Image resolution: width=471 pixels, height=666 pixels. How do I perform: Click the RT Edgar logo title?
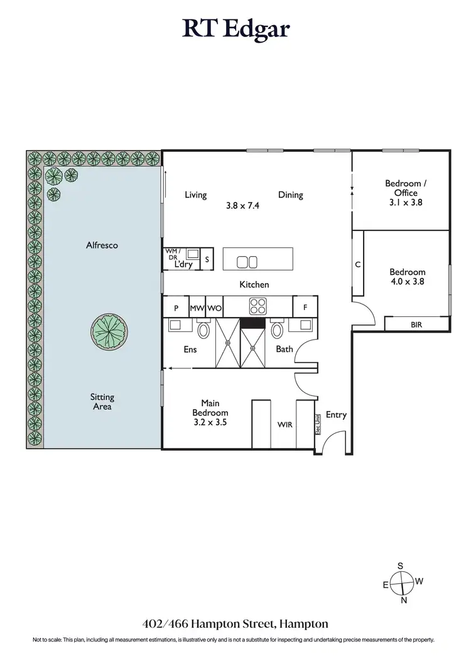point(235,29)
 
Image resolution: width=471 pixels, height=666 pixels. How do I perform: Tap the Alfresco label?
point(102,245)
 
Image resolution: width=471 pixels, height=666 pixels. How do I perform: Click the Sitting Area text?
point(102,402)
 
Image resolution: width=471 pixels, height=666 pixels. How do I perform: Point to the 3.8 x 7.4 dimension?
point(242,205)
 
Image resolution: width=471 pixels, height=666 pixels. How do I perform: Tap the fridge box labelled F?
point(305,308)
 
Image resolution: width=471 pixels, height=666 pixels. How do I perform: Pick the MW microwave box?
point(197,308)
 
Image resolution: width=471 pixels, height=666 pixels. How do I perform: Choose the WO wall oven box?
point(214,308)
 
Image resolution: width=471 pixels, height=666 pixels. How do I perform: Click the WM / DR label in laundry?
point(172,254)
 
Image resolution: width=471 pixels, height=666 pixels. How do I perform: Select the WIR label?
point(285,425)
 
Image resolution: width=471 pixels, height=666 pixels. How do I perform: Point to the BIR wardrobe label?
point(416,325)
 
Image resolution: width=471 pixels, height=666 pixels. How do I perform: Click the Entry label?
point(336,415)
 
